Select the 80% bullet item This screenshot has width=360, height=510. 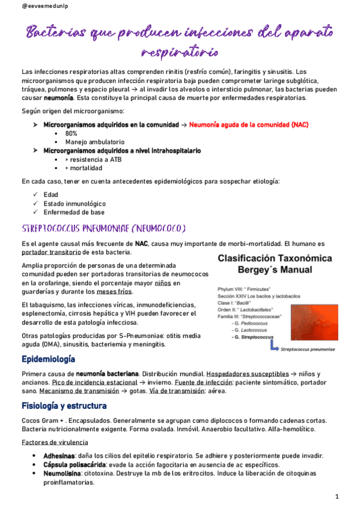(72, 134)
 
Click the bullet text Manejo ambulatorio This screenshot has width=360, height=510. (93, 142)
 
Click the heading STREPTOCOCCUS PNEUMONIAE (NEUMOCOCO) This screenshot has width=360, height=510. (103, 229)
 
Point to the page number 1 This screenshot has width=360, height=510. (337, 496)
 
